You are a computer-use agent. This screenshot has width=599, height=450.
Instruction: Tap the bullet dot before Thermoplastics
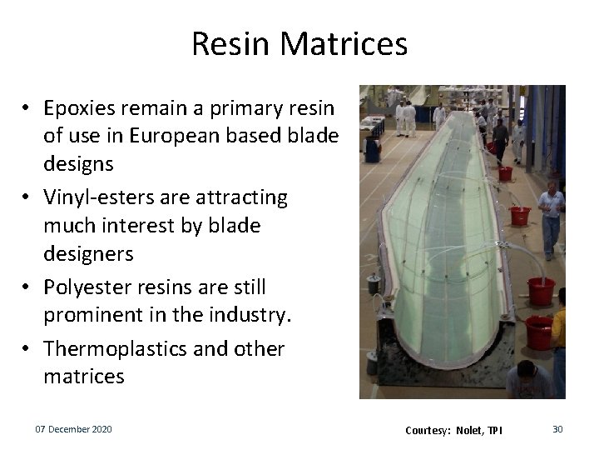27,349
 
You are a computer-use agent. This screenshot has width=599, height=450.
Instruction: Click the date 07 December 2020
73,429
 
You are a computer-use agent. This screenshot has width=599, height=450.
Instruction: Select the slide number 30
557,429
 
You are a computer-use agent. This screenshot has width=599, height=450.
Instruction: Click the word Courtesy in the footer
427,430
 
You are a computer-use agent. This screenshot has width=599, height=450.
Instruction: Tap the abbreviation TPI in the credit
495,430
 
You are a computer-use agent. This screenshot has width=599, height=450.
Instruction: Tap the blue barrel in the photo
373,150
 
